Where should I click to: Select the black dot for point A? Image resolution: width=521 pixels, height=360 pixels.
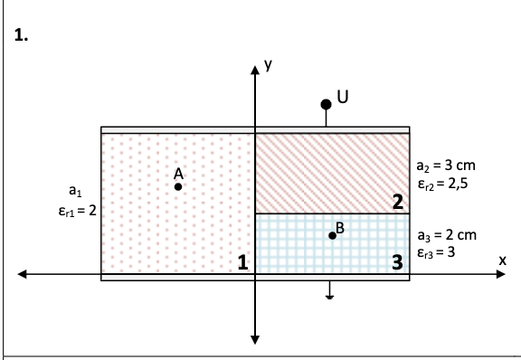[178, 186]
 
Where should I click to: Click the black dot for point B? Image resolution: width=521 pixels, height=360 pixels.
[332, 235]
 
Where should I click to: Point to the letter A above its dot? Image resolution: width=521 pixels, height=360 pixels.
[178, 172]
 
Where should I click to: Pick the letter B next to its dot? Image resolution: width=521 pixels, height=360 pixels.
[340, 226]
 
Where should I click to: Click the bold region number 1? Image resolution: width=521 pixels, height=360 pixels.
[242, 263]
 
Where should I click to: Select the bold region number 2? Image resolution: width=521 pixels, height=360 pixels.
[397, 202]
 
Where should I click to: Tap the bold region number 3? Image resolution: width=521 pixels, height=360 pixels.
[397, 263]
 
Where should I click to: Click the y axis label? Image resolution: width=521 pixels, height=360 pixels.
[267, 64]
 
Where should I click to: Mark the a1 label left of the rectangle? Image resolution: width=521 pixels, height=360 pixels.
[75, 192]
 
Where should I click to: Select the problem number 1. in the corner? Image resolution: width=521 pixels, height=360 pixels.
[22, 36]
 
